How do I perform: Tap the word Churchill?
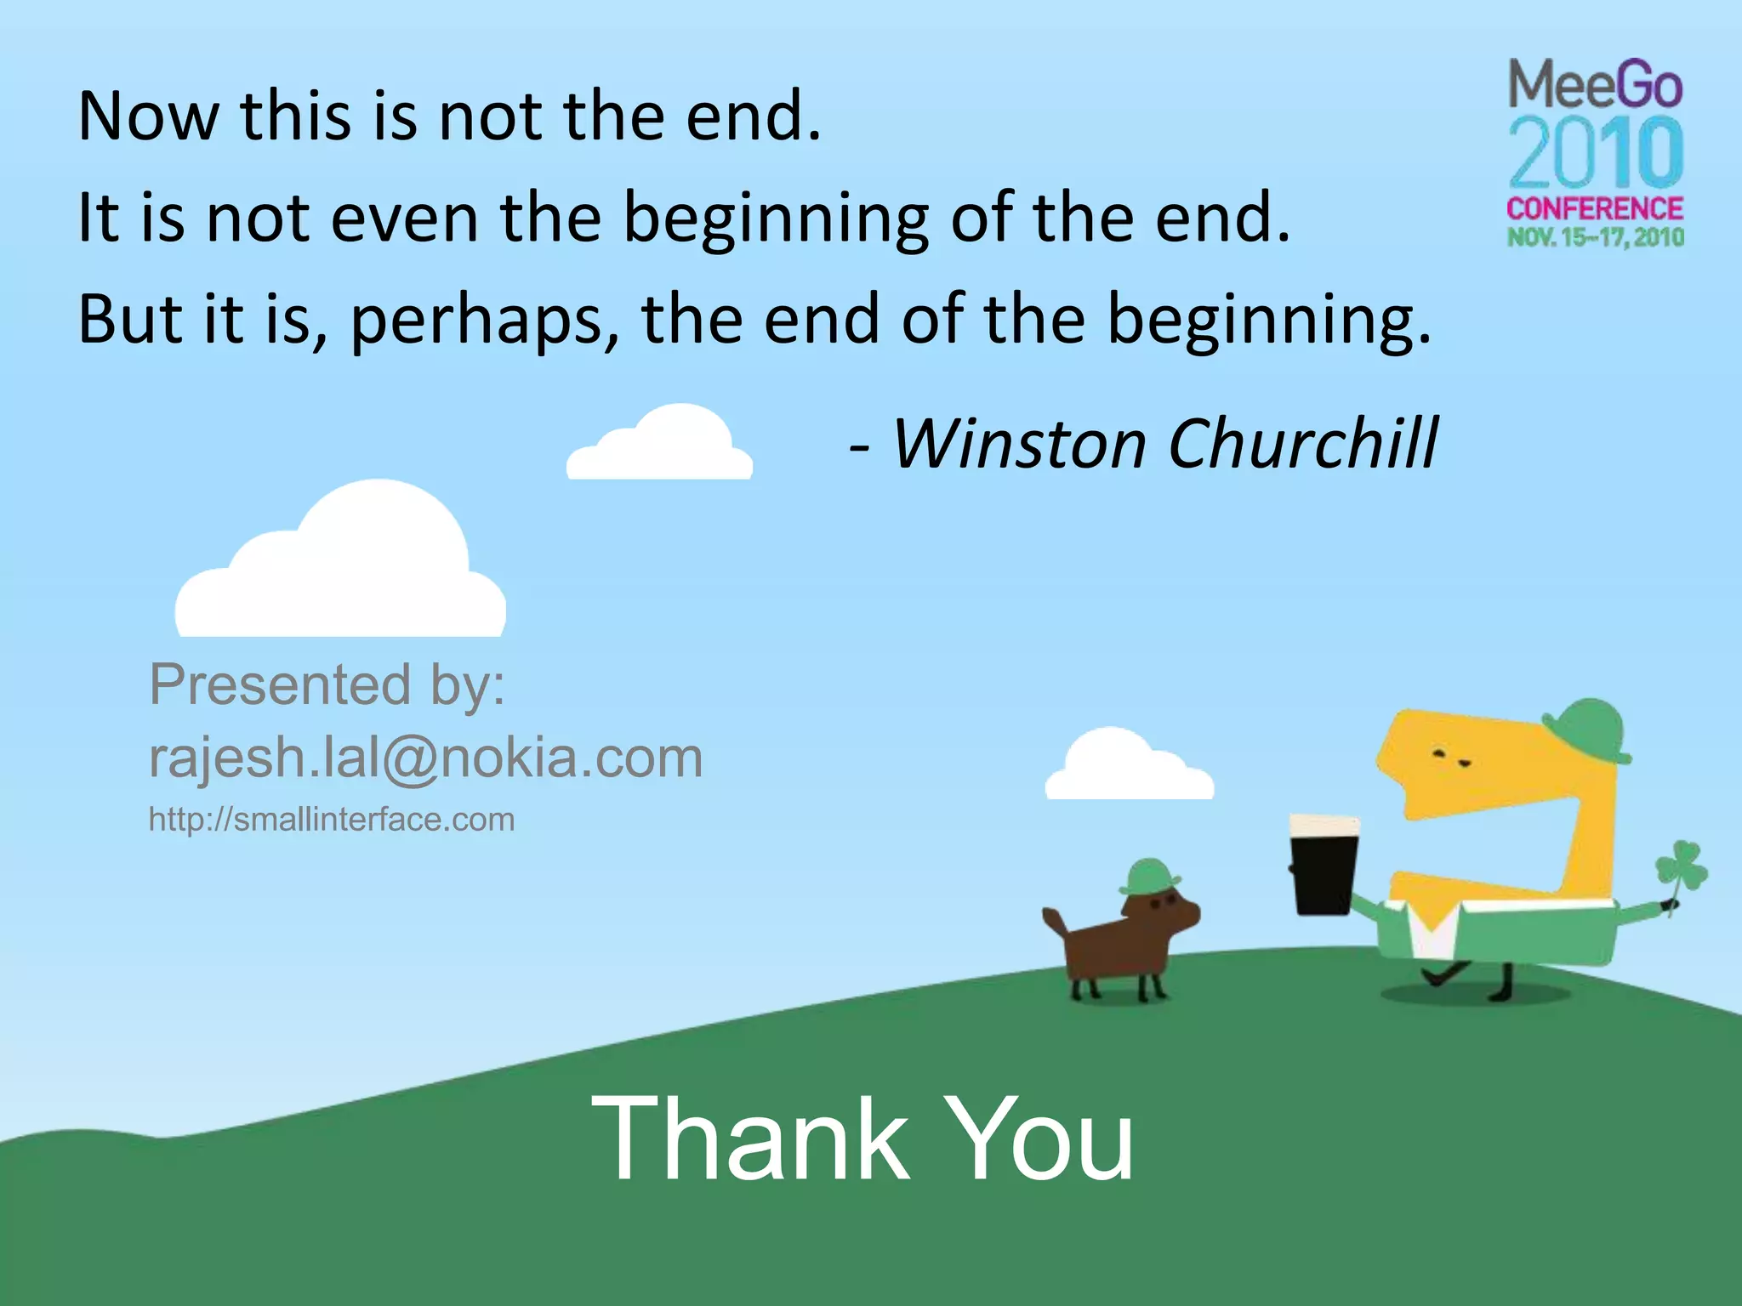coord(1302,444)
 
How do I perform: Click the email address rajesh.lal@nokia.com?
coord(425,757)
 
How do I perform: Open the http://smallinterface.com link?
coord(332,820)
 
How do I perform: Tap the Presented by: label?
coord(327,684)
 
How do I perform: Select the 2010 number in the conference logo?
coord(1596,155)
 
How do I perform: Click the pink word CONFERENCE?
coord(1595,209)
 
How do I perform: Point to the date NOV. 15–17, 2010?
coord(1596,237)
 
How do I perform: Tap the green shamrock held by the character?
coord(1681,867)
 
